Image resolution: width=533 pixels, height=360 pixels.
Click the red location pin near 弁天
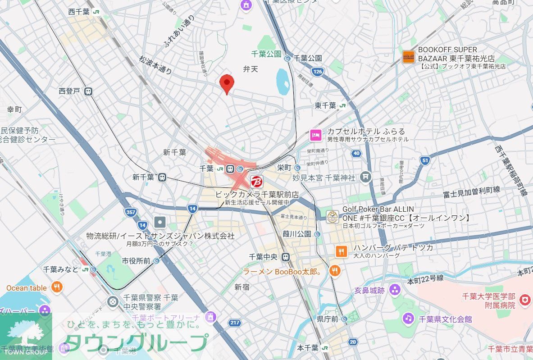pyautogui.click(x=227, y=84)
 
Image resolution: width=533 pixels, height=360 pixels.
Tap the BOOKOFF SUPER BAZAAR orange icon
pyautogui.click(x=408, y=57)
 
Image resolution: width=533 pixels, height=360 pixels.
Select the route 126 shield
pyautogui.click(x=318, y=71)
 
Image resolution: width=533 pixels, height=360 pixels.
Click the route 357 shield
pyautogui.click(x=131, y=212)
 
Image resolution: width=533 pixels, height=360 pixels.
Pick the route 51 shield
pyautogui.click(x=424, y=159)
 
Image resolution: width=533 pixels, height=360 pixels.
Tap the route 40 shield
pyautogui.click(x=356, y=153)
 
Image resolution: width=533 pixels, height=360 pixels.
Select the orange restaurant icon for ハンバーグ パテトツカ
pyautogui.click(x=342, y=251)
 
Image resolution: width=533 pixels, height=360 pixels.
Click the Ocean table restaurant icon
pyautogui.click(x=57, y=287)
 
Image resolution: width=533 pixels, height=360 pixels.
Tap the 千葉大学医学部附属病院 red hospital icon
pyautogui.click(x=524, y=300)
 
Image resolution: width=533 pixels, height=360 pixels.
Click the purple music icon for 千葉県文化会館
pyautogui.click(x=408, y=319)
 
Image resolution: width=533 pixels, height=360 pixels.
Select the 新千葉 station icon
pyautogui.click(x=162, y=178)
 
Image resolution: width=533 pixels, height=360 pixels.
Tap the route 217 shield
pyautogui.click(x=234, y=323)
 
